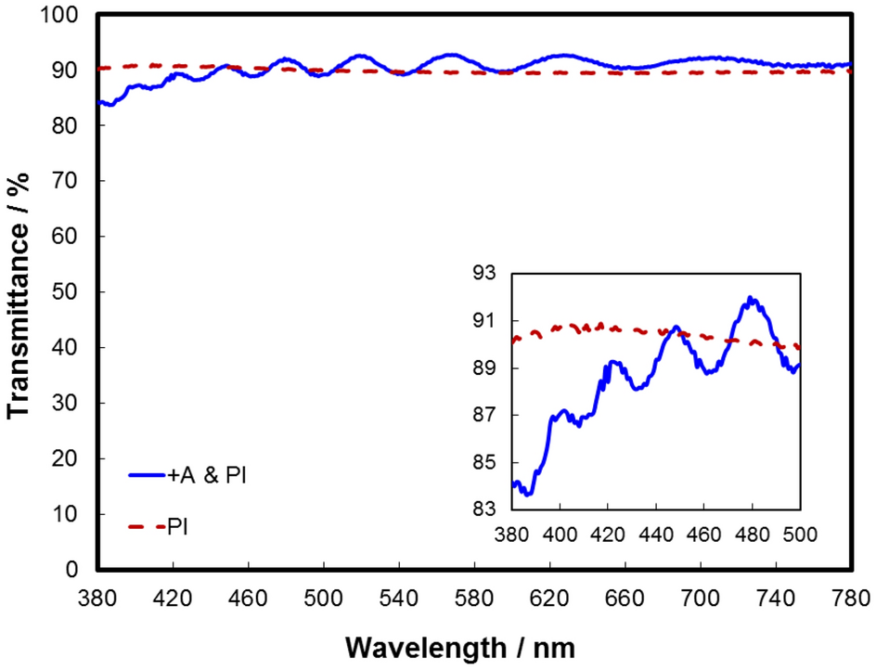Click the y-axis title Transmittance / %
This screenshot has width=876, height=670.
point(20,292)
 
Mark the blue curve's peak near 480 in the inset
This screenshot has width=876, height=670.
point(751,299)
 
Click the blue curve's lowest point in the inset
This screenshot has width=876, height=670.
point(528,495)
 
